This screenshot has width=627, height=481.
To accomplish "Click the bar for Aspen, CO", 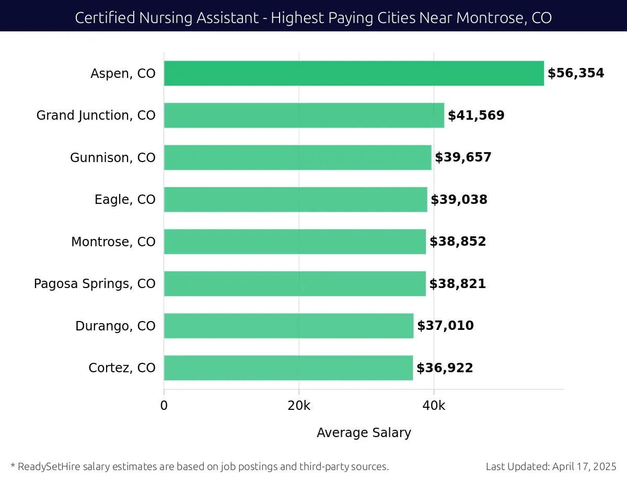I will click(354, 73).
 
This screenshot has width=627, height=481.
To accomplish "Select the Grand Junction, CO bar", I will click(304, 116).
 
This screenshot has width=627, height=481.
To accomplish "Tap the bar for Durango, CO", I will click(288, 326).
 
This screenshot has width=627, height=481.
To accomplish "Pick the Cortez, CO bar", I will click(288, 368).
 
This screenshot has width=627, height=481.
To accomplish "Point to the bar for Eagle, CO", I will click(295, 200).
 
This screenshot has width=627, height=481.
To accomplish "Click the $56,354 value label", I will click(575, 73).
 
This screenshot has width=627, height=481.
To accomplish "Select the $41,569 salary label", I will click(476, 116).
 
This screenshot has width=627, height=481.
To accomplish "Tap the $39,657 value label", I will click(463, 157).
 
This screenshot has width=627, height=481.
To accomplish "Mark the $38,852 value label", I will click(458, 242).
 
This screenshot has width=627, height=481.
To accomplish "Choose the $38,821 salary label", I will click(457, 284).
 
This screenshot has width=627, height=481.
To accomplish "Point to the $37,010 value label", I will click(445, 326).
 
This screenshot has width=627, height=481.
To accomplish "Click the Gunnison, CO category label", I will click(113, 157).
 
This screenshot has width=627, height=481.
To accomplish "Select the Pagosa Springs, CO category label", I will click(95, 284).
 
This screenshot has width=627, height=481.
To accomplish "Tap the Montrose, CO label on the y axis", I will click(113, 242).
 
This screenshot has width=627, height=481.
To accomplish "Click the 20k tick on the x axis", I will click(299, 406).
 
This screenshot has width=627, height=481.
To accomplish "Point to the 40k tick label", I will click(434, 406).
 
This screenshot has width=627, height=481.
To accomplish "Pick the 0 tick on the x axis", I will click(164, 406).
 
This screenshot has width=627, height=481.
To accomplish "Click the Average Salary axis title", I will click(364, 433).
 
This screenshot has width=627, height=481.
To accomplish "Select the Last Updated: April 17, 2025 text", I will click(551, 466).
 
